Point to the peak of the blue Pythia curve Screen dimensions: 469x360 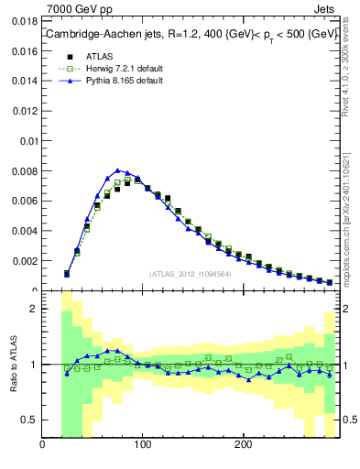117,169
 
